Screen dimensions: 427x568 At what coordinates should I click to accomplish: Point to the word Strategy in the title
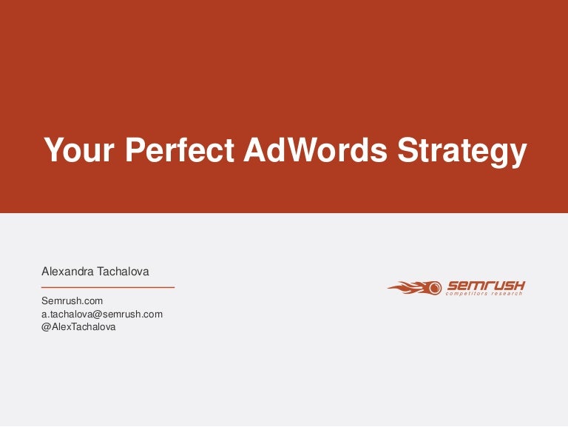(462, 150)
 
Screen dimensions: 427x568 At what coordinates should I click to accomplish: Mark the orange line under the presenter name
(108, 286)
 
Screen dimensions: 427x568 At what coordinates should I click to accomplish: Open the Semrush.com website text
(72, 301)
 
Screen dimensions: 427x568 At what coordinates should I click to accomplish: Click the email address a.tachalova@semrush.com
(102, 314)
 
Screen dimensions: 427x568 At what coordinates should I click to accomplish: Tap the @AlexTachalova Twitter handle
(78, 326)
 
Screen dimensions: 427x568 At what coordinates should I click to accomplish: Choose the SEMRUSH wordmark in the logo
(484, 285)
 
